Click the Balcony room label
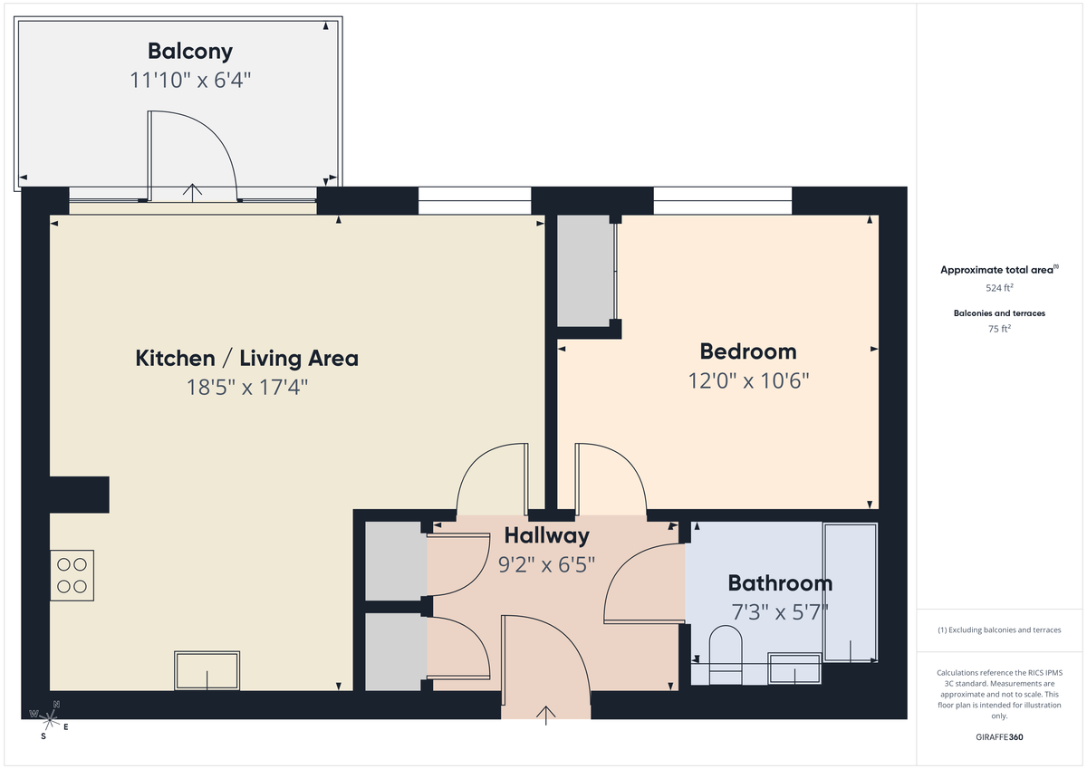190,52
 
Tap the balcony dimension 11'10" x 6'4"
190,80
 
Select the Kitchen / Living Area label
246,358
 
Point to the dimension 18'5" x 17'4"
246,388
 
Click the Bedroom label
748,351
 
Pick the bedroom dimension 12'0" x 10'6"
748,380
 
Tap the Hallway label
546,535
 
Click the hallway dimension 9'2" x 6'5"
546,565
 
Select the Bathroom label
780,583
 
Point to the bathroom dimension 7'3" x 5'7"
780,611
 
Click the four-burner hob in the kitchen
72,575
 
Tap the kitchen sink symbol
207,670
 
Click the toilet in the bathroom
725,654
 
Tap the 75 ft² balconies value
999,329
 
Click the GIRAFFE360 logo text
999,737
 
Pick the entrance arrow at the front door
546,715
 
